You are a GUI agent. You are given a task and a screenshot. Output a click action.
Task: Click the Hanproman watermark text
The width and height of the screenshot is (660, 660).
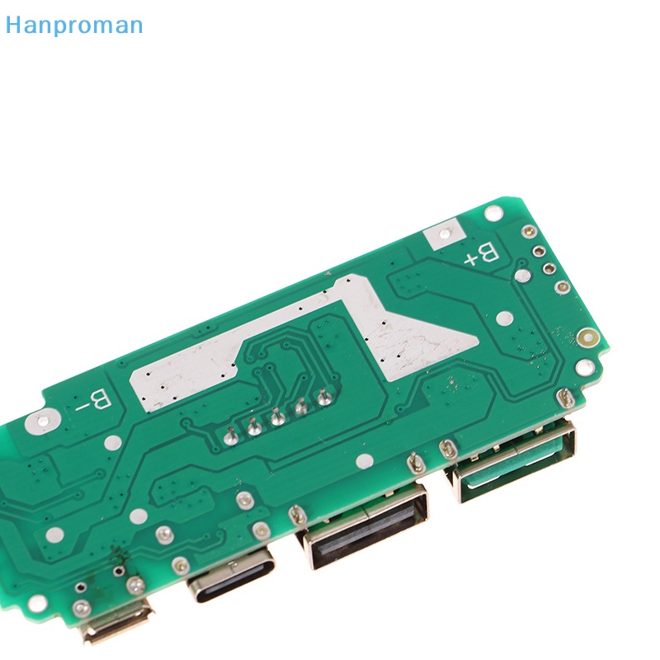[x=73, y=25]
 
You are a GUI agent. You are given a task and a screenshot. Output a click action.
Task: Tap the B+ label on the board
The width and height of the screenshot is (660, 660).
[x=481, y=255]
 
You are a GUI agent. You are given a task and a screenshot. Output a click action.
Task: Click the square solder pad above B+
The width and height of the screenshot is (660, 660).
[x=442, y=234]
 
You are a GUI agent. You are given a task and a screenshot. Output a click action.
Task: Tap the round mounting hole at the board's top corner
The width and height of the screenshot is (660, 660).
[x=493, y=213]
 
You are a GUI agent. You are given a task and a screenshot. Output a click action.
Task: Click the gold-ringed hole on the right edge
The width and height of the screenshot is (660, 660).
[x=587, y=337]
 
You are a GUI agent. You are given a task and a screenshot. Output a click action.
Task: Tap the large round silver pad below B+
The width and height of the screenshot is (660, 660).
[x=522, y=276]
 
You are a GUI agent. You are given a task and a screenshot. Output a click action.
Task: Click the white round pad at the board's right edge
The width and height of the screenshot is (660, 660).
[x=584, y=366]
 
